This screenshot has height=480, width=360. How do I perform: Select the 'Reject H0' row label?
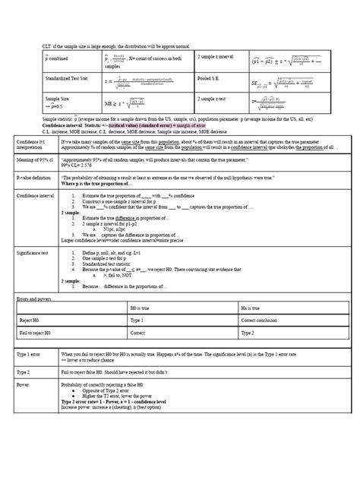point(30,320)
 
